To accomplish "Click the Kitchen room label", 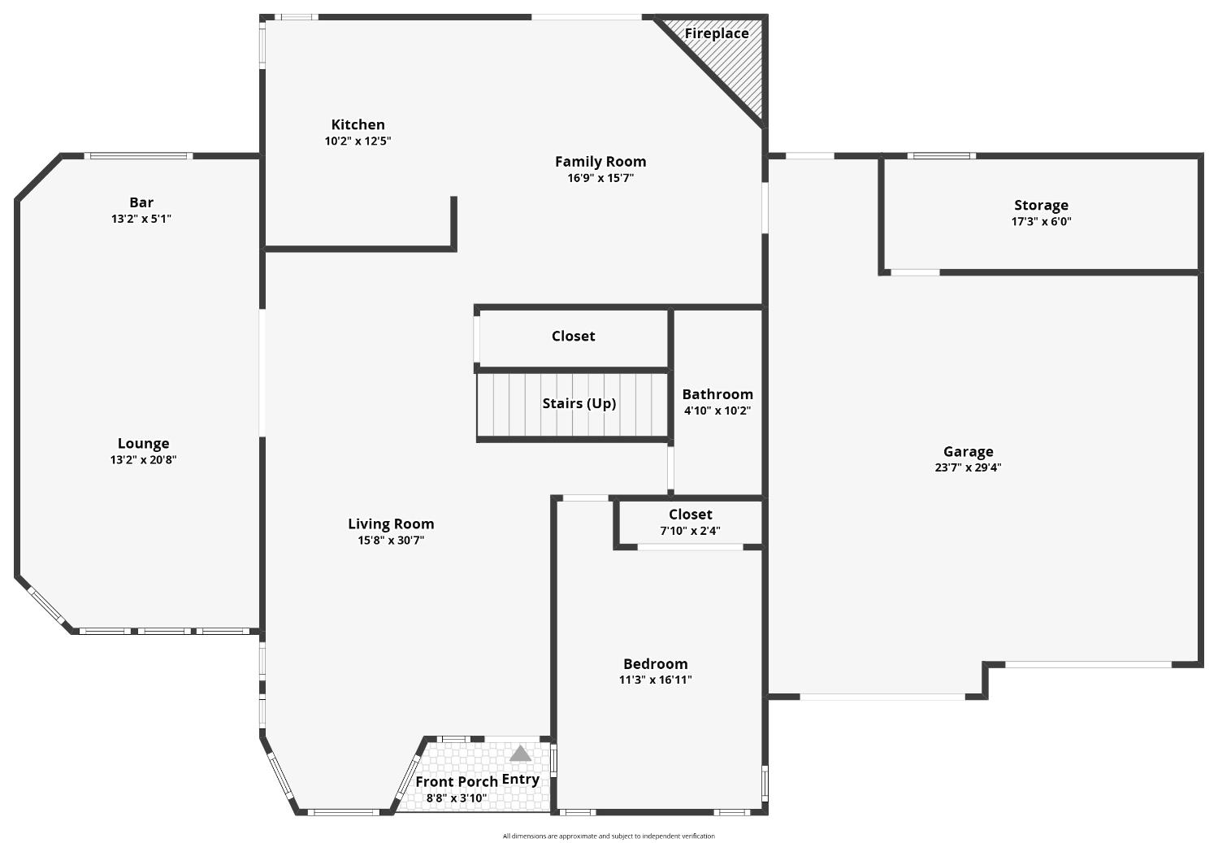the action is point(358,124).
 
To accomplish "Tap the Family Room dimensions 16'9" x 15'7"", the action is point(600,178).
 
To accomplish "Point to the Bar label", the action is point(141,202).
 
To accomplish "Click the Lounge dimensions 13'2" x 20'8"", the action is point(144,459).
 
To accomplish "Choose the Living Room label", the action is point(391,524).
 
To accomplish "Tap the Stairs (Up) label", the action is point(579,403).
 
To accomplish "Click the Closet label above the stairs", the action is point(573,336).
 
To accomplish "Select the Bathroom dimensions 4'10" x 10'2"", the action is point(717,411).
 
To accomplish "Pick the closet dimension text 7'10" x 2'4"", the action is point(690,531).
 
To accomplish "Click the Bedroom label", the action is point(655,663).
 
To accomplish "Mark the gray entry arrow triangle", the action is point(520,754).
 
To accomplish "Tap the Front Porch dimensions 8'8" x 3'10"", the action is point(456,798).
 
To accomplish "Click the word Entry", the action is point(520,780).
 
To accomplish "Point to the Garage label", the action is point(968,451).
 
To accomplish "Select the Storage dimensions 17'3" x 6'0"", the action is point(1042,221).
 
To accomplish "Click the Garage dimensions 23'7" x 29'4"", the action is point(968,467).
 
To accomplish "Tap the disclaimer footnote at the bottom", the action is point(609,836).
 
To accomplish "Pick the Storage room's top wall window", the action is point(941,156).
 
